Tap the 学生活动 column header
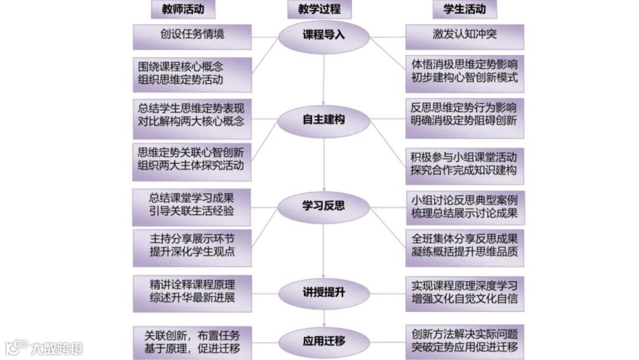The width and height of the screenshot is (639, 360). pos(464,9)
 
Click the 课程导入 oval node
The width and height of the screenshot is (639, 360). pos(324,35)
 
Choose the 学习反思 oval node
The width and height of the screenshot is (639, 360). pos(324,205)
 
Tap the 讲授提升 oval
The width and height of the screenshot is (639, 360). pos(324,291)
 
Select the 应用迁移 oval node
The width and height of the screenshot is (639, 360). pos(324,342)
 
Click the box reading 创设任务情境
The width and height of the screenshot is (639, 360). pos(192,36)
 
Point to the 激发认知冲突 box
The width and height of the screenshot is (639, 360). pos(464,36)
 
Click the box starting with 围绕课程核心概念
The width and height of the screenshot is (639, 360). pos(192,73)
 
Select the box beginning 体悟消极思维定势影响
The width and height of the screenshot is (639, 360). pos(464,73)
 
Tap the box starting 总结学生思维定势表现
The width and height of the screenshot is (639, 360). pos(192,114)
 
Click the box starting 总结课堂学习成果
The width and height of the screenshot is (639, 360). pos(192,205)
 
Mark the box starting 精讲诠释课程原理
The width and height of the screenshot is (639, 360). pos(192,291)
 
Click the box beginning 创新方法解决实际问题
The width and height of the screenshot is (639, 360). pos(464,341)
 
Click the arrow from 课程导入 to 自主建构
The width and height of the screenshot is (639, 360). pos(324,77)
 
